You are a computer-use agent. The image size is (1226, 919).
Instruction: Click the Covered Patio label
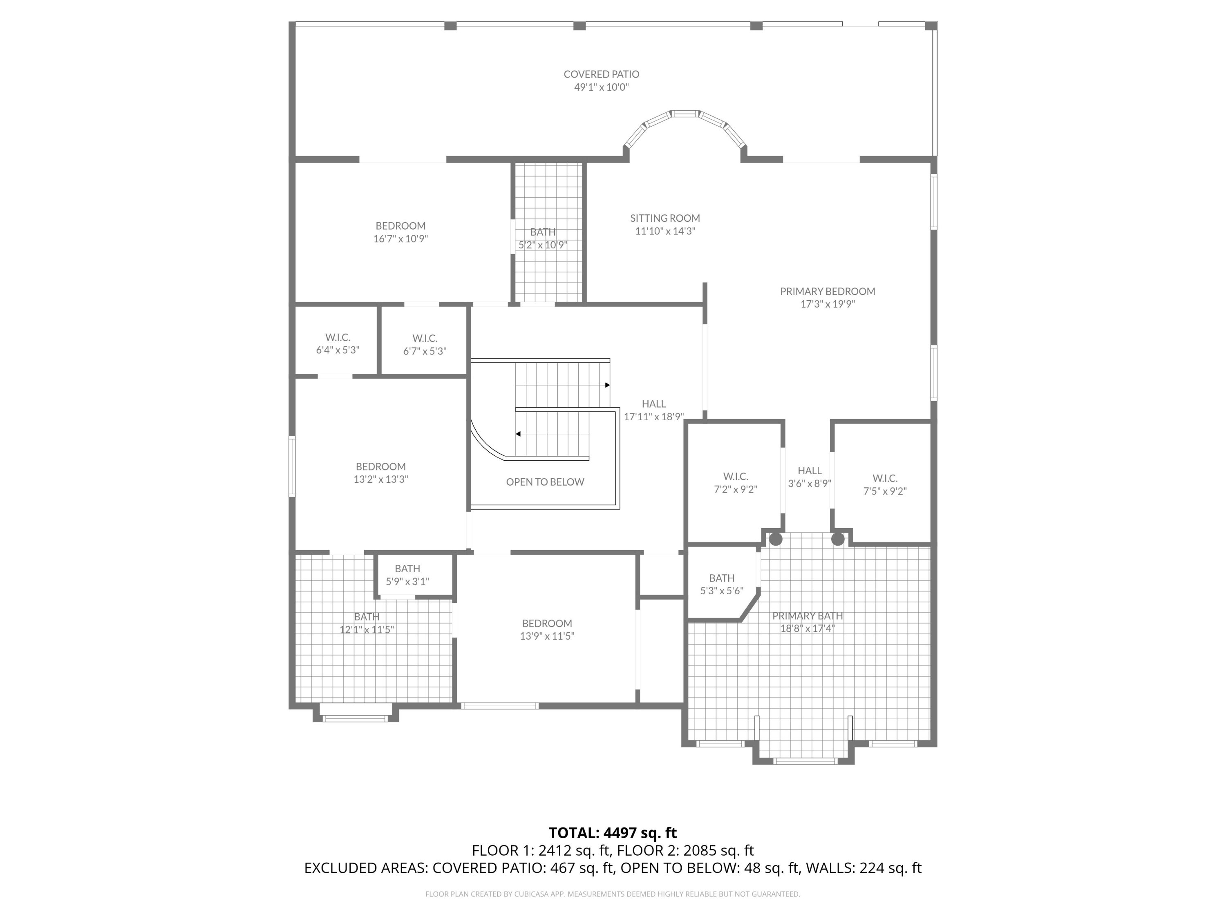click(x=602, y=74)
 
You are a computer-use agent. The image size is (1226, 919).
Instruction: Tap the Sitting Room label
click(x=664, y=218)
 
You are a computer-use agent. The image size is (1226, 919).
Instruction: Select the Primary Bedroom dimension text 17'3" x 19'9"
click(x=828, y=304)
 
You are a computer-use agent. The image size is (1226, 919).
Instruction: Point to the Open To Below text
click(x=545, y=482)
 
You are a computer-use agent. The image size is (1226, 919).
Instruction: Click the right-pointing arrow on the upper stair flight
click(x=607, y=385)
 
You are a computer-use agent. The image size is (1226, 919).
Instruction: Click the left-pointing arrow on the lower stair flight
click(x=518, y=434)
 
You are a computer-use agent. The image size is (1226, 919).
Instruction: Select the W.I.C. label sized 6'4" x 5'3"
click(x=338, y=337)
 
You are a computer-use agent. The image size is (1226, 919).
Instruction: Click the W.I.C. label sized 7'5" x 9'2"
click(x=885, y=478)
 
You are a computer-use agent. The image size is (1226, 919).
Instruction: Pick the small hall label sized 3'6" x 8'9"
click(x=809, y=471)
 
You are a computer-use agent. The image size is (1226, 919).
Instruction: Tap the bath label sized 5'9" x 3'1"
click(x=407, y=569)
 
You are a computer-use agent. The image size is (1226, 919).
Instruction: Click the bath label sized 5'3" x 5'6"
click(x=722, y=578)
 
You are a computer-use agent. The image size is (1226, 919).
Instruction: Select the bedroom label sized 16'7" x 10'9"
click(x=400, y=226)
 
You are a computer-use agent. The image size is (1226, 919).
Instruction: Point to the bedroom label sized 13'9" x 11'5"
click(x=546, y=624)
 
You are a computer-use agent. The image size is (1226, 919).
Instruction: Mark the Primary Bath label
click(x=808, y=616)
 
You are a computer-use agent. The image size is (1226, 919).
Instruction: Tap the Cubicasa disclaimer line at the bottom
click(x=613, y=894)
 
